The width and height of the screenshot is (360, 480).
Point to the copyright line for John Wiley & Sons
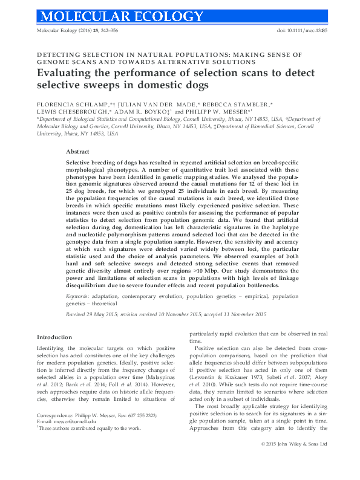[293, 461]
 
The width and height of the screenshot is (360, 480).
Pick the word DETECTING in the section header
[57, 54]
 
